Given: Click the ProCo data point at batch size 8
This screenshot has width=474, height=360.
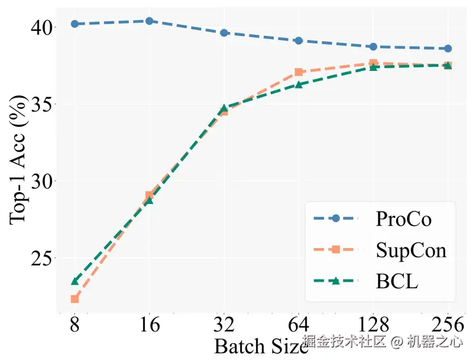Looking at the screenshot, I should tap(74, 24).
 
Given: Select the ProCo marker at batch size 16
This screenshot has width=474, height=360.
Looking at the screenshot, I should tap(149, 21).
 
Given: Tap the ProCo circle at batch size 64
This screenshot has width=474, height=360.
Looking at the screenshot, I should tap(299, 41).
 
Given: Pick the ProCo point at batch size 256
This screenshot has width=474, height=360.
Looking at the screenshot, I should tap(448, 48).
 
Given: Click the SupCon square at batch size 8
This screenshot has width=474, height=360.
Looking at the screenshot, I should tap(74, 299).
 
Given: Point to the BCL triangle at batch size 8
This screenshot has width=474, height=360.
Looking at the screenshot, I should tap(74, 281).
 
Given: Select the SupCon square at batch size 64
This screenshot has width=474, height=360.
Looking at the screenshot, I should tap(299, 72).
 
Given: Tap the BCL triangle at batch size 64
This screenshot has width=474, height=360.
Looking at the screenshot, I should tap(299, 84).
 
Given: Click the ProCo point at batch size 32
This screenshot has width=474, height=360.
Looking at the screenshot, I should tap(224, 33).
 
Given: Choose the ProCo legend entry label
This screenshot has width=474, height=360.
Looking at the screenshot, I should tap(404, 218).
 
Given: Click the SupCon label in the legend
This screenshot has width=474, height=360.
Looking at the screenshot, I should tap(411, 250).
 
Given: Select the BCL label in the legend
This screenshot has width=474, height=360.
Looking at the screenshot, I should tap(397, 281).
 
